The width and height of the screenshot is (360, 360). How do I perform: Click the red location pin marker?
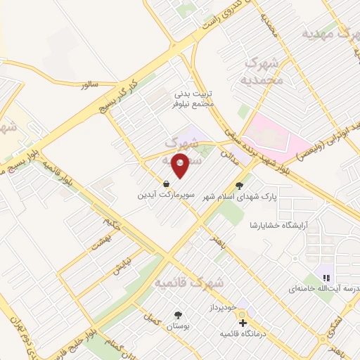click(x=180, y=166)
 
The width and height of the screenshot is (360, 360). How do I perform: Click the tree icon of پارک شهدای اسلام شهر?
click(x=241, y=186)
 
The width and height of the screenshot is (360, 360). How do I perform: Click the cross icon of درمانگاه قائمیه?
click(x=243, y=323)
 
